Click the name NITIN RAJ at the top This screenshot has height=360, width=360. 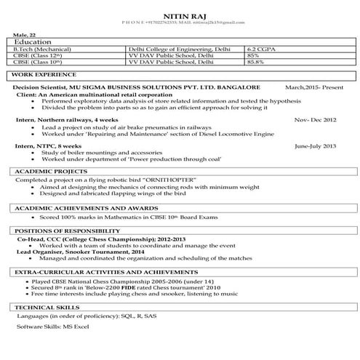click(x=180, y=12)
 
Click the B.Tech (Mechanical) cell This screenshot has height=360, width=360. click(x=44, y=49)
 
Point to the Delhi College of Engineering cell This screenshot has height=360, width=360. click(x=178, y=49)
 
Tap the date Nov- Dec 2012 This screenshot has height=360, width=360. click(x=315, y=119)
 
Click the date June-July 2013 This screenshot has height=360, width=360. click(x=316, y=145)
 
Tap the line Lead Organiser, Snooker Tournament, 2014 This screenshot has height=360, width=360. click(x=74, y=251)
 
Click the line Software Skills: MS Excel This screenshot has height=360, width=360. click(x=52, y=329)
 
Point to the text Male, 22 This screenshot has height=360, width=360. click(x=24, y=35)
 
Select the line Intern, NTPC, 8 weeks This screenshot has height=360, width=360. click(x=56, y=145)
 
